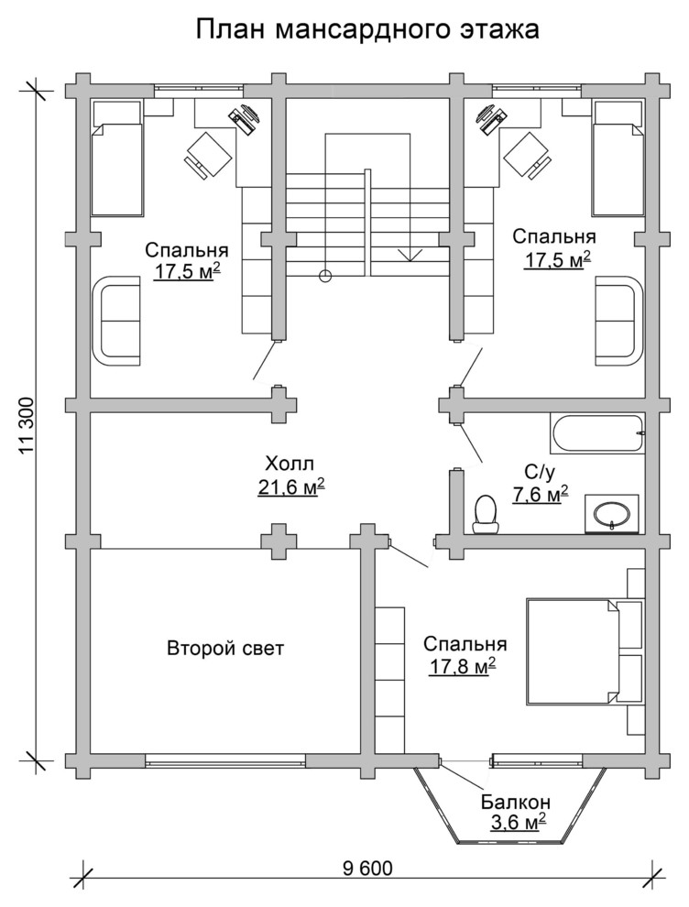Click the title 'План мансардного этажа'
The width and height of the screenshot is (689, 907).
click(x=367, y=29)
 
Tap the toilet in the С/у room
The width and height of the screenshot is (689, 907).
click(x=485, y=514)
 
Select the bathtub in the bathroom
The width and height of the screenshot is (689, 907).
click(x=597, y=434)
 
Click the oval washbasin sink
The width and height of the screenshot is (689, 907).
click(x=613, y=513)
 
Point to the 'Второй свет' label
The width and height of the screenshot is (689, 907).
click(x=225, y=648)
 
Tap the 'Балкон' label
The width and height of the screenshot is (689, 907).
click(x=516, y=803)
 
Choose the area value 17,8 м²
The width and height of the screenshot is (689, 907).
click(x=462, y=667)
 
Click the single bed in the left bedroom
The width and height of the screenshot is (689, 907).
click(x=115, y=158)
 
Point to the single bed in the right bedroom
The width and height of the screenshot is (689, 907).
click(x=618, y=158)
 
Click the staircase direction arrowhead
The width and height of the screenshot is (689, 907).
click(x=409, y=255)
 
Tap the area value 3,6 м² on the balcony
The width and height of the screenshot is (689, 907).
click(x=519, y=823)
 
